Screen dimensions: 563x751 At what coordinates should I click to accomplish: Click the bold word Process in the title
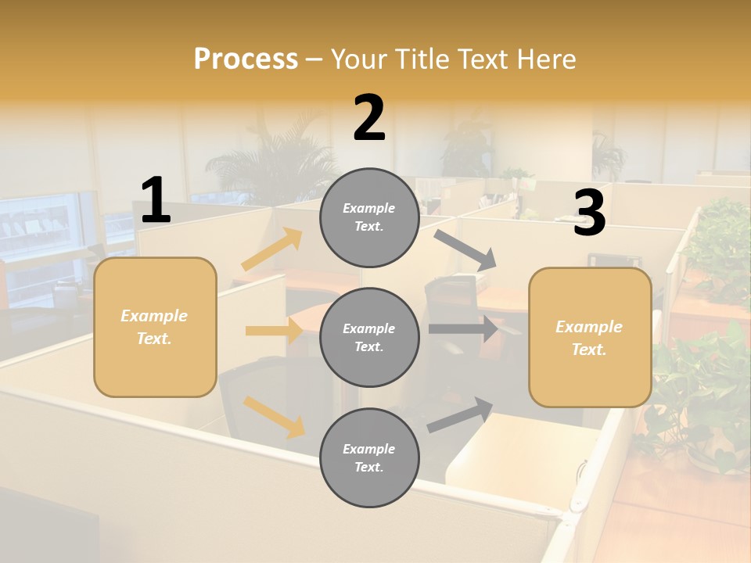[246, 59]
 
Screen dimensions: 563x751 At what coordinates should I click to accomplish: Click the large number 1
[156, 201]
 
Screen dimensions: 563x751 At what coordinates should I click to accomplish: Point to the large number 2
[369, 118]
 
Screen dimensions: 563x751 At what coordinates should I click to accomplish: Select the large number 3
[589, 213]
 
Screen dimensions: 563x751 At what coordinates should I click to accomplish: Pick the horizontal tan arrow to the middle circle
[274, 331]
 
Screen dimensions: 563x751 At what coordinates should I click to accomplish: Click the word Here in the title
[547, 59]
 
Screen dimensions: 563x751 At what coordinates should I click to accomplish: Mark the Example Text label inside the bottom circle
[369, 458]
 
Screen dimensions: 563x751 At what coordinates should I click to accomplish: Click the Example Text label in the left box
[155, 327]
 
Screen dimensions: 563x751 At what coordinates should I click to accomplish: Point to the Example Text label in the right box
[590, 338]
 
